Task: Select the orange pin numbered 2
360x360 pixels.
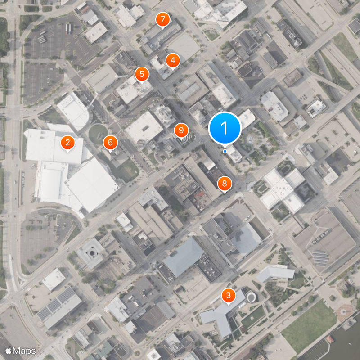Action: (67, 143)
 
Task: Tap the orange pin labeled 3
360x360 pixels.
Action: (229, 296)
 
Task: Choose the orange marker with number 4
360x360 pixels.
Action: (172, 60)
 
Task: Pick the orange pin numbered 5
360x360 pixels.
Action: (142, 74)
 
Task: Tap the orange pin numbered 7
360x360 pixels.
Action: (162, 19)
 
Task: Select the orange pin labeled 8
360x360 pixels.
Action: (224, 183)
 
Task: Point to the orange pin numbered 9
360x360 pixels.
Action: (181, 130)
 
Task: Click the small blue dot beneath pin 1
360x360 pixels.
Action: (225, 151)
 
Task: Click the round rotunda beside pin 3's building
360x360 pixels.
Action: (251, 297)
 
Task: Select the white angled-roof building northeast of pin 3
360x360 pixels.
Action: (275, 273)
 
